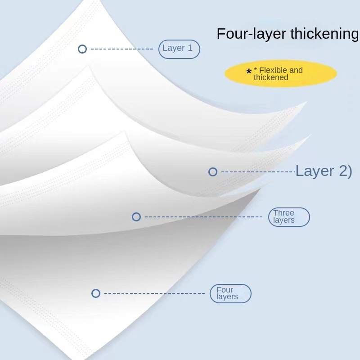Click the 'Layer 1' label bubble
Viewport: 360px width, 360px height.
click(x=179, y=49)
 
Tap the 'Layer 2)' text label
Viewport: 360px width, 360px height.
click(x=324, y=171)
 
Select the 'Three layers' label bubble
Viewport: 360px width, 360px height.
click(x=289, y=217)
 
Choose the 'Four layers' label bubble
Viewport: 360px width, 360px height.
click(x=230, y=293)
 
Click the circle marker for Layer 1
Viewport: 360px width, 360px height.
click(x=82, y=49)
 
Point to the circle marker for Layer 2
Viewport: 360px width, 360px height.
click(x=213, y=172)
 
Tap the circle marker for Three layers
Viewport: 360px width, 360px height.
click(x=136, y=217)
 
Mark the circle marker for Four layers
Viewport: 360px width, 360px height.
click(x=96, y=293)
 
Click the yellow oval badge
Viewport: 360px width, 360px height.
click(x=281, y=74)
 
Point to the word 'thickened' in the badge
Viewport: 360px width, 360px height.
click(x=271, y=77)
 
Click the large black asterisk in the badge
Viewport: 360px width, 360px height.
click(x=249, y=72)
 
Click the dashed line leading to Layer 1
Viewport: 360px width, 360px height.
click(x=121, y=49)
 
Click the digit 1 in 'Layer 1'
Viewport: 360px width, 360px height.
click(x=190, y=48)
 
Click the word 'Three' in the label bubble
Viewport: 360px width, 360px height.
click(x=283, y=213)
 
